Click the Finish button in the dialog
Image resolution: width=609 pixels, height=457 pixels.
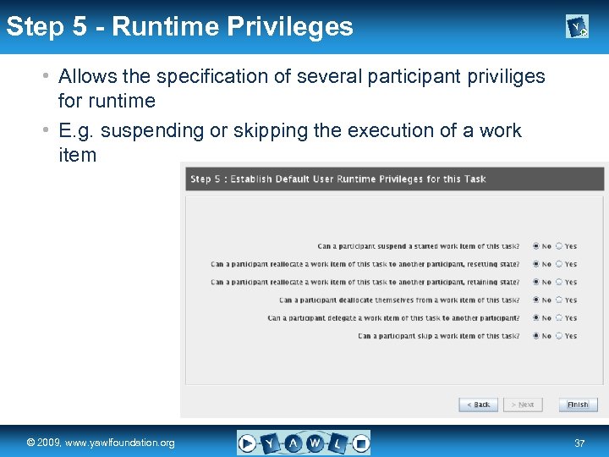578,405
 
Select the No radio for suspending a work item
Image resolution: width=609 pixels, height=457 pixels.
536,246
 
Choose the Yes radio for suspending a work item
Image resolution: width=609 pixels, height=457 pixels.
559,246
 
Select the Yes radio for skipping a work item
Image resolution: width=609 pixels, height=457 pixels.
559,336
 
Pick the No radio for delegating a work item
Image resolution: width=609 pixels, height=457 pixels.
536,318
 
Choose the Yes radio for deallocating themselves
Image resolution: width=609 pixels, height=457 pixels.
559,300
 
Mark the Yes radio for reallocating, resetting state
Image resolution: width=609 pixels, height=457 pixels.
559,264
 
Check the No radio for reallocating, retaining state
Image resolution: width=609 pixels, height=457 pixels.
536,282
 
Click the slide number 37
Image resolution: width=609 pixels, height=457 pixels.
579,443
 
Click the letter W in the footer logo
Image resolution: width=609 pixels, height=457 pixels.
315,443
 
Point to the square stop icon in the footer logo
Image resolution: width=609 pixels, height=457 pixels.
360,443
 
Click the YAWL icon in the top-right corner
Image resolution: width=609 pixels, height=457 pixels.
577,28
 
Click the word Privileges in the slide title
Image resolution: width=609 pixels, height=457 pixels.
291,26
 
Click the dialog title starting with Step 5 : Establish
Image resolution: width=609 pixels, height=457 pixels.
338,179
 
